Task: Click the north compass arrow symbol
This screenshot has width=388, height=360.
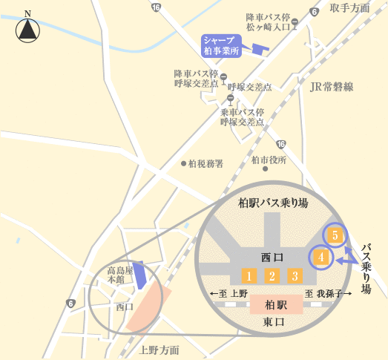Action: coord(28,30)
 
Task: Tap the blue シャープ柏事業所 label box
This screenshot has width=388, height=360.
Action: coord(221,46)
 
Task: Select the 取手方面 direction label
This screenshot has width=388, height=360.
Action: coord(349,8)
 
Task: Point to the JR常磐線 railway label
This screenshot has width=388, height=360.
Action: coord(332,87)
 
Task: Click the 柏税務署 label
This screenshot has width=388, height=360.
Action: coord(205,163)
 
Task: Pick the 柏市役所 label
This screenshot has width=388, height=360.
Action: coord(269,160)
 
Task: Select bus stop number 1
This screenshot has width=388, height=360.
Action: coord(250,276)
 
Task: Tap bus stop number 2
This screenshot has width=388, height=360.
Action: coord(272,276)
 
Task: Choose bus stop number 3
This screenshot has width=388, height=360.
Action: coord(295,276)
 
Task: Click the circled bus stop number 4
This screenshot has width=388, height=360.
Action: coord(320,258)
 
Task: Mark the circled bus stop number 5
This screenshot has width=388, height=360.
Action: coord(335,235)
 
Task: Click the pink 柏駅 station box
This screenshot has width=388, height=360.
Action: coord(276,304)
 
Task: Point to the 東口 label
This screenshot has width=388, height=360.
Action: coord(273,323)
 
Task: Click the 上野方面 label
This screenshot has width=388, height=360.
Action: coord(160,350)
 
